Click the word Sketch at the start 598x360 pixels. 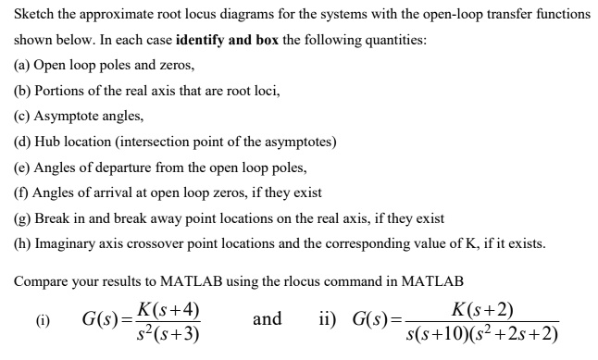[x=33, y=15]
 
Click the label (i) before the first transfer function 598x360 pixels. [x=43, y=322]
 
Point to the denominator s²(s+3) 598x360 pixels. [x=168, y=333]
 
